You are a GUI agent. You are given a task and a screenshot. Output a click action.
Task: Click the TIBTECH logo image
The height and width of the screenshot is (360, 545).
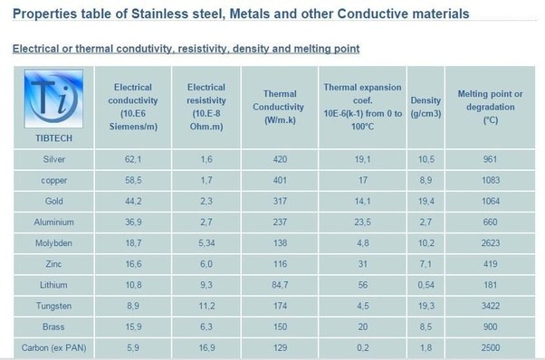[53, 99]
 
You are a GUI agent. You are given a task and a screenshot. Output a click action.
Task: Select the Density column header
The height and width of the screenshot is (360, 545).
[425, 107]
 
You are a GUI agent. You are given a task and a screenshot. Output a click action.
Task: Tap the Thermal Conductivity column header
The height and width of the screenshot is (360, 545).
[279, 107]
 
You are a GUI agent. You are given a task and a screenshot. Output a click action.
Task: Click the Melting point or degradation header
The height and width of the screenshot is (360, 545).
[490, 107]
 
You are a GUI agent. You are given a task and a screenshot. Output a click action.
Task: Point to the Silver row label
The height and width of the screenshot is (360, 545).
[54, 159]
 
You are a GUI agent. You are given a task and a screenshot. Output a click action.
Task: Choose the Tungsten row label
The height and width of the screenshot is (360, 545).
[54, 306]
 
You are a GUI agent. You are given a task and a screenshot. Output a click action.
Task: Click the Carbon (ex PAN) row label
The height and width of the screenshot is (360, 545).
[54, 347]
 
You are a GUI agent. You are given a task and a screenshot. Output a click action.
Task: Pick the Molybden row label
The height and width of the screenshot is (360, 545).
[54, 243]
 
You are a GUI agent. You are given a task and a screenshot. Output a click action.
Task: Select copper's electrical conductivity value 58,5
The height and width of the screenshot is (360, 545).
[133, 180]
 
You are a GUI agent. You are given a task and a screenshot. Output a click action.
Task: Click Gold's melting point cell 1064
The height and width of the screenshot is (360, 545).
[491, 201]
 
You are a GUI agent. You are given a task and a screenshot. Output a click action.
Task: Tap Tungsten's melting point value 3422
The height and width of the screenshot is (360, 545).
[491, 306]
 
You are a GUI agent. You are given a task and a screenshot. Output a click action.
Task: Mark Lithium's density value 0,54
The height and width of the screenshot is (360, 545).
[426, 285]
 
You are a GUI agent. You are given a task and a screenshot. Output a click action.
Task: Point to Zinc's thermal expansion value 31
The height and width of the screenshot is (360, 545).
[362, 264]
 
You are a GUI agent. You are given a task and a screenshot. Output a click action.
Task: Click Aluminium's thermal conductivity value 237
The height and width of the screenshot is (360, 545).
[280, 223]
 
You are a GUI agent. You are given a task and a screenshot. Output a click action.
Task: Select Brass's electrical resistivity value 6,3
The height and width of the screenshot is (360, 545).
[206, 327]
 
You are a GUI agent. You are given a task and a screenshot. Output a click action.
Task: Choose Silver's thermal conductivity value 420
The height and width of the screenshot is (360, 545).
[280, 159]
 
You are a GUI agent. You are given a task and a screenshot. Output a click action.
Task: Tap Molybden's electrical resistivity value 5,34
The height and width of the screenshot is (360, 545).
[206, 243]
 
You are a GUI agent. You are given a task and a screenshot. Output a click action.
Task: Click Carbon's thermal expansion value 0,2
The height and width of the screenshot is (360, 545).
[362, 347]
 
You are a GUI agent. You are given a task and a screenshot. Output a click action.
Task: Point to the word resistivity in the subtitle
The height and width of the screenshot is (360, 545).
[202, 48]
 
